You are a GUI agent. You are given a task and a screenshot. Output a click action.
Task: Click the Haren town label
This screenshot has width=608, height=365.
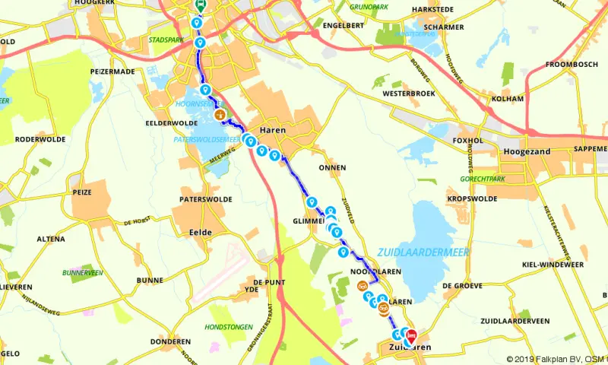273,130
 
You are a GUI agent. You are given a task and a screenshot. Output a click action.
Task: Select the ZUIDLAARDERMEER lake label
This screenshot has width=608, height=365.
423,252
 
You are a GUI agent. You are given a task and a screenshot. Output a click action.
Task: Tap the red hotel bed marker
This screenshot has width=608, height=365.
411,335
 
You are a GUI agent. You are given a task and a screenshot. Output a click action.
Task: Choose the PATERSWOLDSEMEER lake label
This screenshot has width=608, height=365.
207,140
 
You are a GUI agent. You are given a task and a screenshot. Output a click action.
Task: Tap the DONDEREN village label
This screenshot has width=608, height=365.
171,341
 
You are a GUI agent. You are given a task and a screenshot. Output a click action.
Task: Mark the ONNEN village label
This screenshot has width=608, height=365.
332,167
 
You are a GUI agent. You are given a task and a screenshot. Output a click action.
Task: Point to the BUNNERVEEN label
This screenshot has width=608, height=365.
84,271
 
